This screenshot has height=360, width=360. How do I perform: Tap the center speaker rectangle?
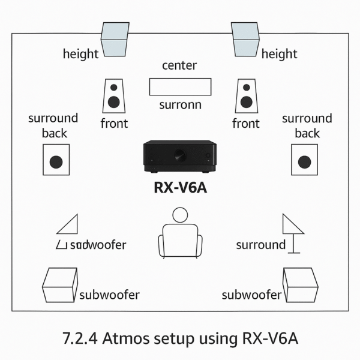point(179,86)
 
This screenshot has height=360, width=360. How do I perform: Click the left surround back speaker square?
point(56,160)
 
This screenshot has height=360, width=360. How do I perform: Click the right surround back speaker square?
point(304,160)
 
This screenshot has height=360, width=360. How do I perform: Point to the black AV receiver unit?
point(179,155)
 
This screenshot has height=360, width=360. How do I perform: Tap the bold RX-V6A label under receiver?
point(179,187)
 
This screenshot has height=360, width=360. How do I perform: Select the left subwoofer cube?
point(59,286)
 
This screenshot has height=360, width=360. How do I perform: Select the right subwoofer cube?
point(300,286)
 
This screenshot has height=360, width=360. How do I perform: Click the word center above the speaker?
point(179,65)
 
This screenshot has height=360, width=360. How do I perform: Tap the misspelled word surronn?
point(179,106)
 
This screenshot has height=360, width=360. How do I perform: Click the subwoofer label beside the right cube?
point(251,295)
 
